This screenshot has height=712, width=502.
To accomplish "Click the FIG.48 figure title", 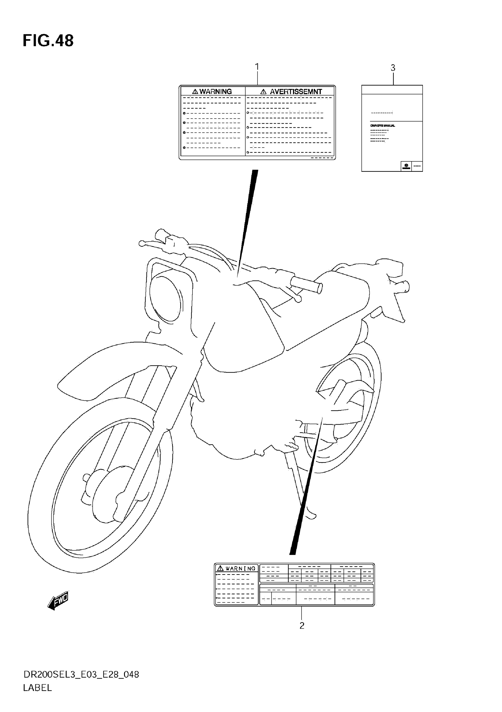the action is point(48,41).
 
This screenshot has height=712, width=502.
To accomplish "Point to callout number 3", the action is point(393,68).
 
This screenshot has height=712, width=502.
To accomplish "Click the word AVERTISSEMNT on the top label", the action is point(296,91).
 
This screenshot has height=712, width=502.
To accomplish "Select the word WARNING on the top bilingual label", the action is point(216,91).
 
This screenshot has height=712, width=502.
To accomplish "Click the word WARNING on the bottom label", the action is point(240,568).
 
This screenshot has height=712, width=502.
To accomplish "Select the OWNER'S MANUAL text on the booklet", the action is point(382,126).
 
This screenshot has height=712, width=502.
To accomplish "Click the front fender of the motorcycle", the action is point(118,363).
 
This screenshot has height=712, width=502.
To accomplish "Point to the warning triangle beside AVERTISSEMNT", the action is point(263,92).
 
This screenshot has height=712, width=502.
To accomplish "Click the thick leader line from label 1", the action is point(248,217).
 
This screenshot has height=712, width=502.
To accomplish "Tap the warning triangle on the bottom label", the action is point(220,568).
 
